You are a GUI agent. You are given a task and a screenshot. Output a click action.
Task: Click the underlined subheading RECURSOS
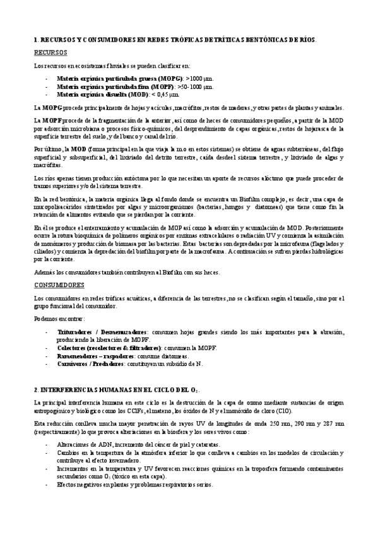(x=50, y=53)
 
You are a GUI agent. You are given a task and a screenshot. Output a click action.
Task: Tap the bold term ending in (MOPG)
(x=100, y=78)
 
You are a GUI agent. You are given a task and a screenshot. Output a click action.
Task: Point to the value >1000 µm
(x=163, y=78)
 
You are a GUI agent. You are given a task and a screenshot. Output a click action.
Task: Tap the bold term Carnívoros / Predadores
(x=95, y=364)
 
